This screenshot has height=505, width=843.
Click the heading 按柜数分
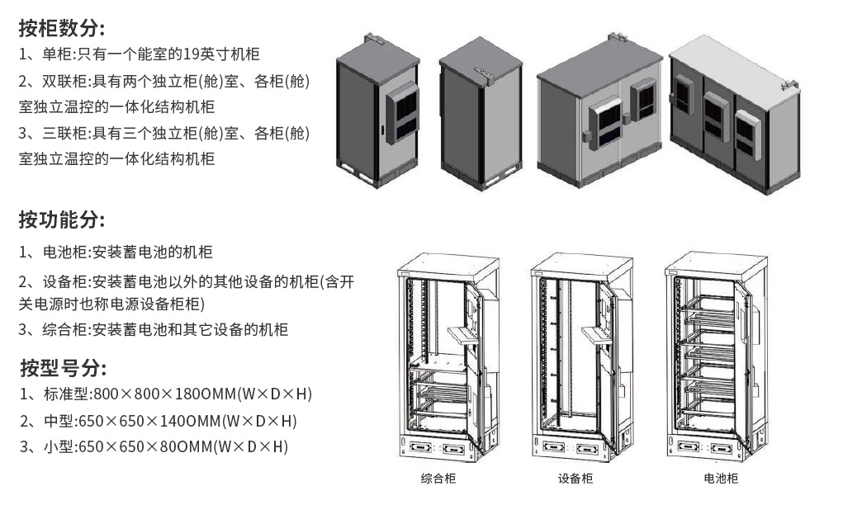click(62, 28)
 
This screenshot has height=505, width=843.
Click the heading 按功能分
click(62, 220)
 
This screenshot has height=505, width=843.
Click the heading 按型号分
click(62, 367)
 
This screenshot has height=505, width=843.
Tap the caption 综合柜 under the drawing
click(438, 479)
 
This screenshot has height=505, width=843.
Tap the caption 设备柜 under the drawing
click(575, 479)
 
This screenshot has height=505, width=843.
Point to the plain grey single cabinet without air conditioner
click(481, 111)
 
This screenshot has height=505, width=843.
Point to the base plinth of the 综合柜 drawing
click(438, 449)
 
